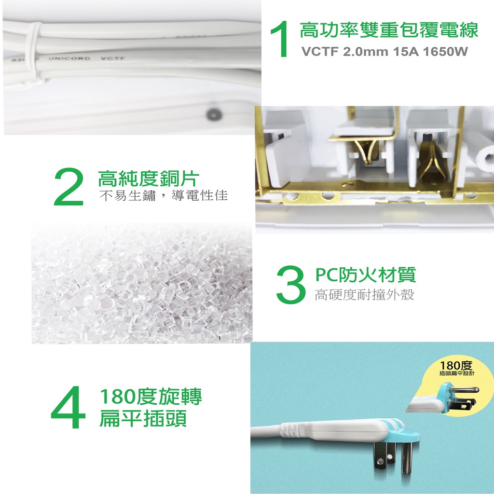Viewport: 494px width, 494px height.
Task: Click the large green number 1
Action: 280,39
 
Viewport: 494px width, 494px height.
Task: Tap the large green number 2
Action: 69,187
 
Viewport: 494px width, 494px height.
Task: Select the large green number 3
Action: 291,285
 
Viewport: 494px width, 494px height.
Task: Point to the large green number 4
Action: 68,407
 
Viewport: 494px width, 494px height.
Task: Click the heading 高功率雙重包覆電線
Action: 389,30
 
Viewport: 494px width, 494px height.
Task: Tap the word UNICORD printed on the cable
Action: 69,58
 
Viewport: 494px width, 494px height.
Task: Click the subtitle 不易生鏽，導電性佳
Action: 163,196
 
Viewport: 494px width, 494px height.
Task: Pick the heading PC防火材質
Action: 366,274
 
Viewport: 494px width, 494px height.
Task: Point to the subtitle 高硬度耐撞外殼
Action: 364,295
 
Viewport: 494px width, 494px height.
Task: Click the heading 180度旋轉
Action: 151,397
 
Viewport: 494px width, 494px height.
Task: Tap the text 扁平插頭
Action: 143,418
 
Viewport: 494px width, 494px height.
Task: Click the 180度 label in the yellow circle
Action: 456,366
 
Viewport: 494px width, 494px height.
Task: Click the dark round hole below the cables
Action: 214,114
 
